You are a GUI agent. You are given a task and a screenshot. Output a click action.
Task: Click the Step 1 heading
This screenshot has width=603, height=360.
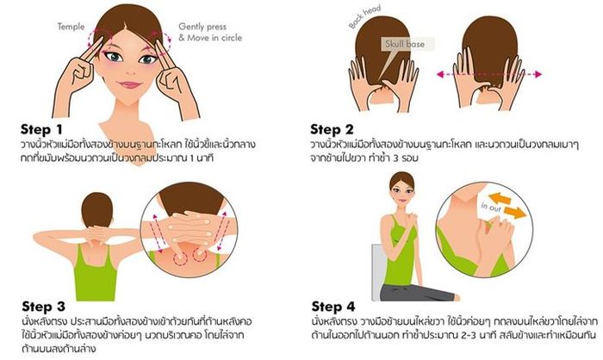[41, 129]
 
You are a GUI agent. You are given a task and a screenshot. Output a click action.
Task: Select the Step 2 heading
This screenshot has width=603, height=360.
[332, 129]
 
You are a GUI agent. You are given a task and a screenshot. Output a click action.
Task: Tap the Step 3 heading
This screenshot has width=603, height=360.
[43, 307]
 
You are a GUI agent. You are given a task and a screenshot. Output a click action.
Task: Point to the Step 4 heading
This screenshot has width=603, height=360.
[333, 307]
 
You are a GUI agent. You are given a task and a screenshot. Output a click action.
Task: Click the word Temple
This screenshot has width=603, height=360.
[71, 27]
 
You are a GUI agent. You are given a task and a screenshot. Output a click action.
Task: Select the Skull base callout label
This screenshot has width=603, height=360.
[405, 44]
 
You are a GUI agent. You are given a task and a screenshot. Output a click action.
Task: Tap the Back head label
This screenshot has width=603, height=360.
[364, 16]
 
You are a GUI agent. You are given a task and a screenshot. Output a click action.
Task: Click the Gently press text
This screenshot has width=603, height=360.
[202, 27]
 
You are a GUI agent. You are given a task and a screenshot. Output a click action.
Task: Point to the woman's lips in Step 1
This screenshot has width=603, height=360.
[130, 84]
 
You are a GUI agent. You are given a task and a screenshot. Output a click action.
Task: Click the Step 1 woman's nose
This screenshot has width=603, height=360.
[130, 71]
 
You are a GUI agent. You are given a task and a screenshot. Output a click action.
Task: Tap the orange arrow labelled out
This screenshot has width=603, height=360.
[514, 213]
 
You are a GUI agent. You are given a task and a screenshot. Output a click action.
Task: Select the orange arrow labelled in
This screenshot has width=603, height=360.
[500, 198]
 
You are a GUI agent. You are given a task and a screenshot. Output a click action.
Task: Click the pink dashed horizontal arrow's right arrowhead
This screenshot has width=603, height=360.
[538, 74]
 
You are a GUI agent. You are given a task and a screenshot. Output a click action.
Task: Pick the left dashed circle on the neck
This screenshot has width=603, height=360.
[179, 259]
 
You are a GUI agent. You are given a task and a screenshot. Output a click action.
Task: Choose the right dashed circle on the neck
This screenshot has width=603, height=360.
[200, 256]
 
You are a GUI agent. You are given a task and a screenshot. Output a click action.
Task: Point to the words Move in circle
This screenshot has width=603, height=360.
[214, 38]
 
